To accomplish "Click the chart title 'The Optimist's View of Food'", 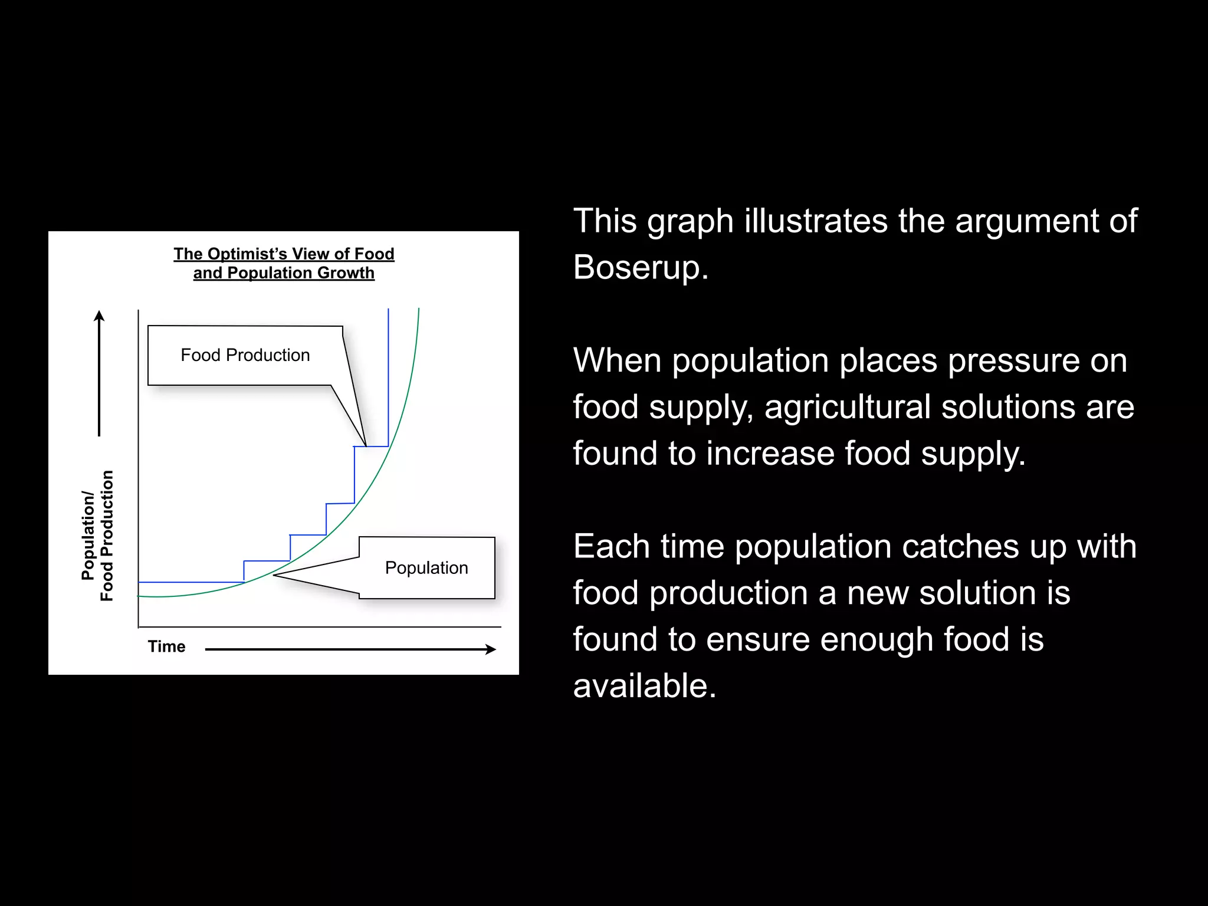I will click(x=284, y=254).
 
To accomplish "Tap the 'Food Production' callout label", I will click(x=245, y=355).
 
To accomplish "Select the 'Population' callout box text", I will click(x=426, y=567).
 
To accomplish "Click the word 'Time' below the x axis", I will click(x=166, y=646).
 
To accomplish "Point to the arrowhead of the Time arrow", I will click(x=491, y=649).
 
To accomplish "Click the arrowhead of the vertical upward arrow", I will click(x=99, y=316).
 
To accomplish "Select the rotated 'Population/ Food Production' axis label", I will click(x=97, y=536).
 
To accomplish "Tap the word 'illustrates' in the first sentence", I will click(x=816, y=221).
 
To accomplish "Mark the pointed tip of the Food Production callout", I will click(x=366, y=446).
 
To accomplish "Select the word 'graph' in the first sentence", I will click(x=690, y=222).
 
